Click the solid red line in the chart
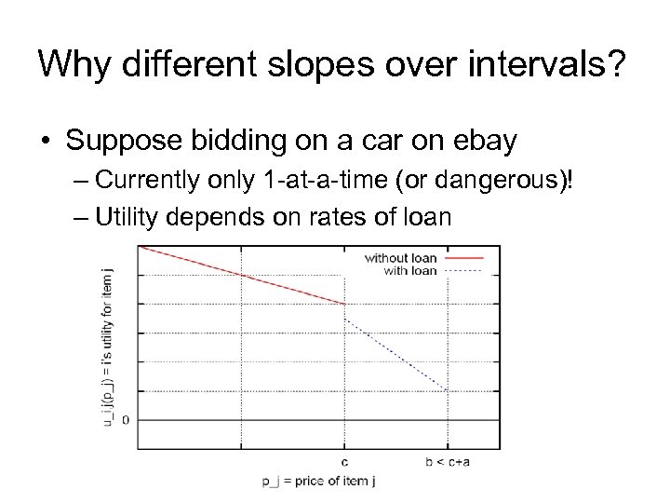pyautogui.click(x=242, y=276)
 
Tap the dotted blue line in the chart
pyautogui.click(x=395, y=355)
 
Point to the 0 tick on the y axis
pyautogui.click(x=125, y=419)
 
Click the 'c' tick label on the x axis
pyautogui.click(x=345, y=460)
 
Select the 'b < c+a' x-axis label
pyautogui.click(x=448, y=460)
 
